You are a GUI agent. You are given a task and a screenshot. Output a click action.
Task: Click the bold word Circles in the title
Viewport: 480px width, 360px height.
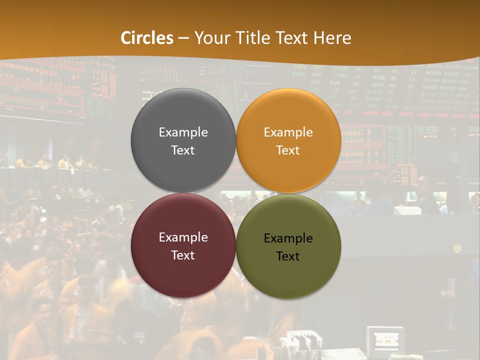click(147, 38)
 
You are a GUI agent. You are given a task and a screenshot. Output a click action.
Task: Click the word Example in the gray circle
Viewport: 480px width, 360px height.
click(183, 132)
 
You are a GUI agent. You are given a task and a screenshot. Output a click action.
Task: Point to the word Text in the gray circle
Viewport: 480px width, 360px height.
click(183, 150)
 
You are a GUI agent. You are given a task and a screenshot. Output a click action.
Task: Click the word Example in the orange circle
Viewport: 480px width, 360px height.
click(288, 132)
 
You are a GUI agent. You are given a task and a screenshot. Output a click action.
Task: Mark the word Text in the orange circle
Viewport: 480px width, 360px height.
click(288, 150)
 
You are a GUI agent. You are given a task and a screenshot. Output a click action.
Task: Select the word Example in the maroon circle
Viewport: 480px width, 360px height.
click(183, 237)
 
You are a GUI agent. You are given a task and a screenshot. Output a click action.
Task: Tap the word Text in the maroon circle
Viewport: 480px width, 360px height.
click(183, 255)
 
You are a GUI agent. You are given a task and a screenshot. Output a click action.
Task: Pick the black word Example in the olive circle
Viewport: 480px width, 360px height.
click(288, 238)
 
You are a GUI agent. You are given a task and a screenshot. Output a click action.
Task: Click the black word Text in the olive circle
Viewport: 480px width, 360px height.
click(288, 256)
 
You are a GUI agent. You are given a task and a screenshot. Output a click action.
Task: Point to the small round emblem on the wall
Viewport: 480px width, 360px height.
click(457, 248)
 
